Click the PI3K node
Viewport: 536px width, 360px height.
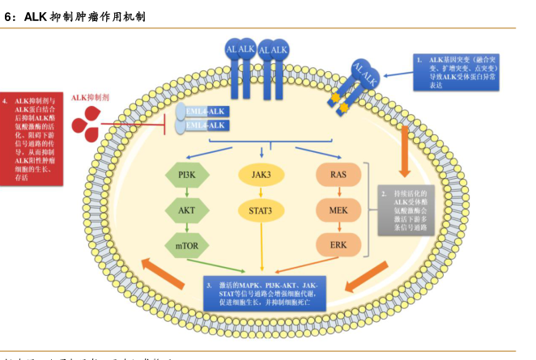(187, 174)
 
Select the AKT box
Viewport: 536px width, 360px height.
(187, 209)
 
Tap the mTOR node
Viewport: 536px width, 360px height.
(187, 244)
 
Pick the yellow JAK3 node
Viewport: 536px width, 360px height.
(261, 174)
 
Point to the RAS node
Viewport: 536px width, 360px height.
(338, 174)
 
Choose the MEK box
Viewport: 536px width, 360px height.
(338, 210)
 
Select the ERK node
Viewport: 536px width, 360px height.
(338, 244)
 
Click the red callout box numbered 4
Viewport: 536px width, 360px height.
(33, 139)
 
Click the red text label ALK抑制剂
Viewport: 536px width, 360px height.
(90, 97)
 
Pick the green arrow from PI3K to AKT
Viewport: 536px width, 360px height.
(187, 192)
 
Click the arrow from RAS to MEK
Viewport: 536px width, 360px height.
(338, 192)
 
